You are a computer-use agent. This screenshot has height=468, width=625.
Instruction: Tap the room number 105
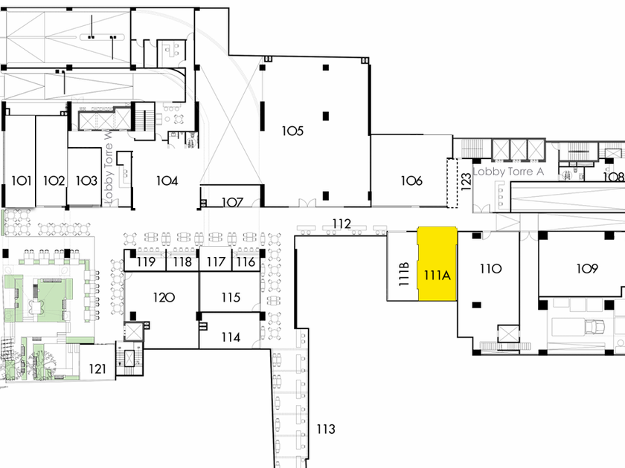pyautogui.click(x=292, y=131)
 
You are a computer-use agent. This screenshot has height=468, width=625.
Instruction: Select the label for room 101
pyautogui.click(x=21, y=181)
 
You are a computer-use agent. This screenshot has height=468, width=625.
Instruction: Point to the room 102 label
pyautogui.click(x=54, y=181)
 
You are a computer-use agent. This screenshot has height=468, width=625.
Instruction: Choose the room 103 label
pyautogui.click(x=86, y=181)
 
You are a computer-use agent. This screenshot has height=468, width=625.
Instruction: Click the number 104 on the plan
pyautogui.click(x=166, y=180)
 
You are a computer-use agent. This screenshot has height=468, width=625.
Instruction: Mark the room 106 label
pyautogui.click(x=411, y=181)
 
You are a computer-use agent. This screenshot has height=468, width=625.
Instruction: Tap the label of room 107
pyautogui.click(x=233, y=201)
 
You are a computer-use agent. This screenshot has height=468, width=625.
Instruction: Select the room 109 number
pyautogui.click(x=586, y=268)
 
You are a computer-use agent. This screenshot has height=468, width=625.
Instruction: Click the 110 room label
pyautogui.click(x=490, y=268)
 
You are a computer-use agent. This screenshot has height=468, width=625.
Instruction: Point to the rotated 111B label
pyautogui.click(x=404, y=274)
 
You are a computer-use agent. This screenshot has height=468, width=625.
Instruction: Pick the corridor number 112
pyautogui.click(x=342, y=223)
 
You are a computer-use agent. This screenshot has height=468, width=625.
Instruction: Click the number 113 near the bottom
pyautogui.click(x=325, y=429)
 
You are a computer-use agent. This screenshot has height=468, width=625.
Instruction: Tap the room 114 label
pyautogui.click(x=231, y=337)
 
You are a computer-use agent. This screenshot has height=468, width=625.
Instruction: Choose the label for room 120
pyautogui.click(x=164, y=297)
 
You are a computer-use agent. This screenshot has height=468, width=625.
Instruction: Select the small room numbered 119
pyautogui.click(x=145, y=261)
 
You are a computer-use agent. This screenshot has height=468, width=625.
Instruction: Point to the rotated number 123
pyautogui.click(x=466, y=182)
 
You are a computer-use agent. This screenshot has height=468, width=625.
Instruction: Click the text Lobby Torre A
pyautogui.click(x=509, y=171)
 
